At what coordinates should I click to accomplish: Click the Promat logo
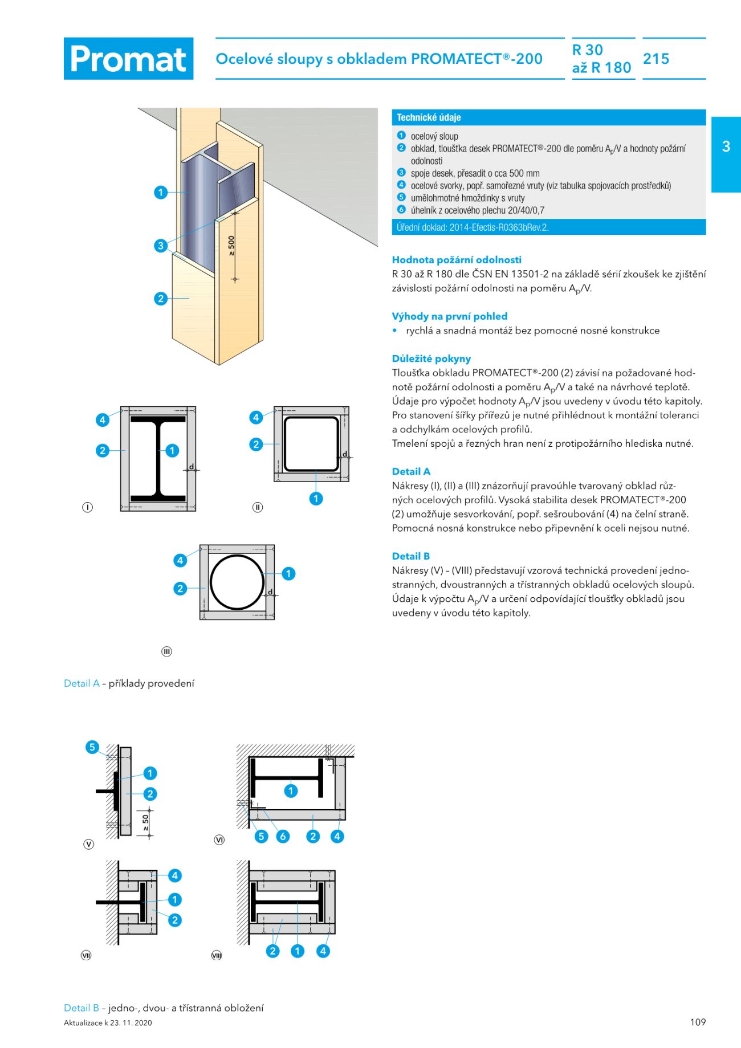point(128,59)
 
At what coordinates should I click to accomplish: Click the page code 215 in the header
point(656,59)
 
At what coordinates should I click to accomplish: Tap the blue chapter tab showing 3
point(726,146)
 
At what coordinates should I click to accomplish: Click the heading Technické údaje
point(429,117)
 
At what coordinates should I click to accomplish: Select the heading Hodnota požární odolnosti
point(457,260)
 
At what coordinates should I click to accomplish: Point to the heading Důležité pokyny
point(431,358)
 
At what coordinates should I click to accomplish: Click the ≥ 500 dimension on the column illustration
point(231,246)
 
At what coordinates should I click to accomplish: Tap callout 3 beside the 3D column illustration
point(161,246)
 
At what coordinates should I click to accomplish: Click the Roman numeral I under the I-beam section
point(87,507)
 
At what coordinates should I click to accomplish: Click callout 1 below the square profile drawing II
point(316,499)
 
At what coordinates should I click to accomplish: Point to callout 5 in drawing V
point(92,747)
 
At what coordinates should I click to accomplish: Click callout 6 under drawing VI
point(283,836)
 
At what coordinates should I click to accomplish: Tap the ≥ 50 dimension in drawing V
point(146,822)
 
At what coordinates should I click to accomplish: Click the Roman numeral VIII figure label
point(217,956)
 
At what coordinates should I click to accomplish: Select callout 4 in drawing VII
point(175,875)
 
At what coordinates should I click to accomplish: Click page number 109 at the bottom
point(698,1022)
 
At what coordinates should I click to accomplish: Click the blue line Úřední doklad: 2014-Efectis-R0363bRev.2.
point(473,227)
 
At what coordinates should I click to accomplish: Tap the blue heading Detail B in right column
point(411,556)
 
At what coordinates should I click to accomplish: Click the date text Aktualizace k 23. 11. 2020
point(108,1023)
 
